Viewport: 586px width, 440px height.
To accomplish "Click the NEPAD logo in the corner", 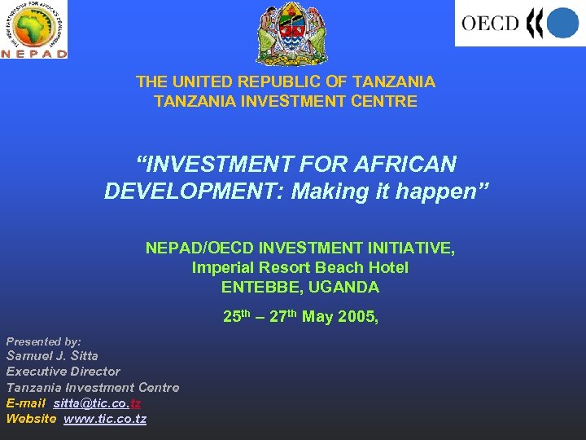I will tap(34, 29).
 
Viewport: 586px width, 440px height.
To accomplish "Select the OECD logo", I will tap(519, 23).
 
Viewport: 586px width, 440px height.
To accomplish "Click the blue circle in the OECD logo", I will tap(562, 23).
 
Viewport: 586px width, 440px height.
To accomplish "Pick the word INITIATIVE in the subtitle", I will tap(405, 248).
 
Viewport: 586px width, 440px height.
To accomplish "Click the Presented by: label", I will tap(44, 341).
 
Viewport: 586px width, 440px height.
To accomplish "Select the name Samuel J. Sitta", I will tap(52, 355).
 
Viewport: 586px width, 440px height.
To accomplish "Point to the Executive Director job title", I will tap(63, 371).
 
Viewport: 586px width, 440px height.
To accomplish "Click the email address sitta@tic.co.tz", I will tap(97, 403).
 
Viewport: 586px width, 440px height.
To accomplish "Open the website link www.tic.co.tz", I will tap(105, 419).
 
